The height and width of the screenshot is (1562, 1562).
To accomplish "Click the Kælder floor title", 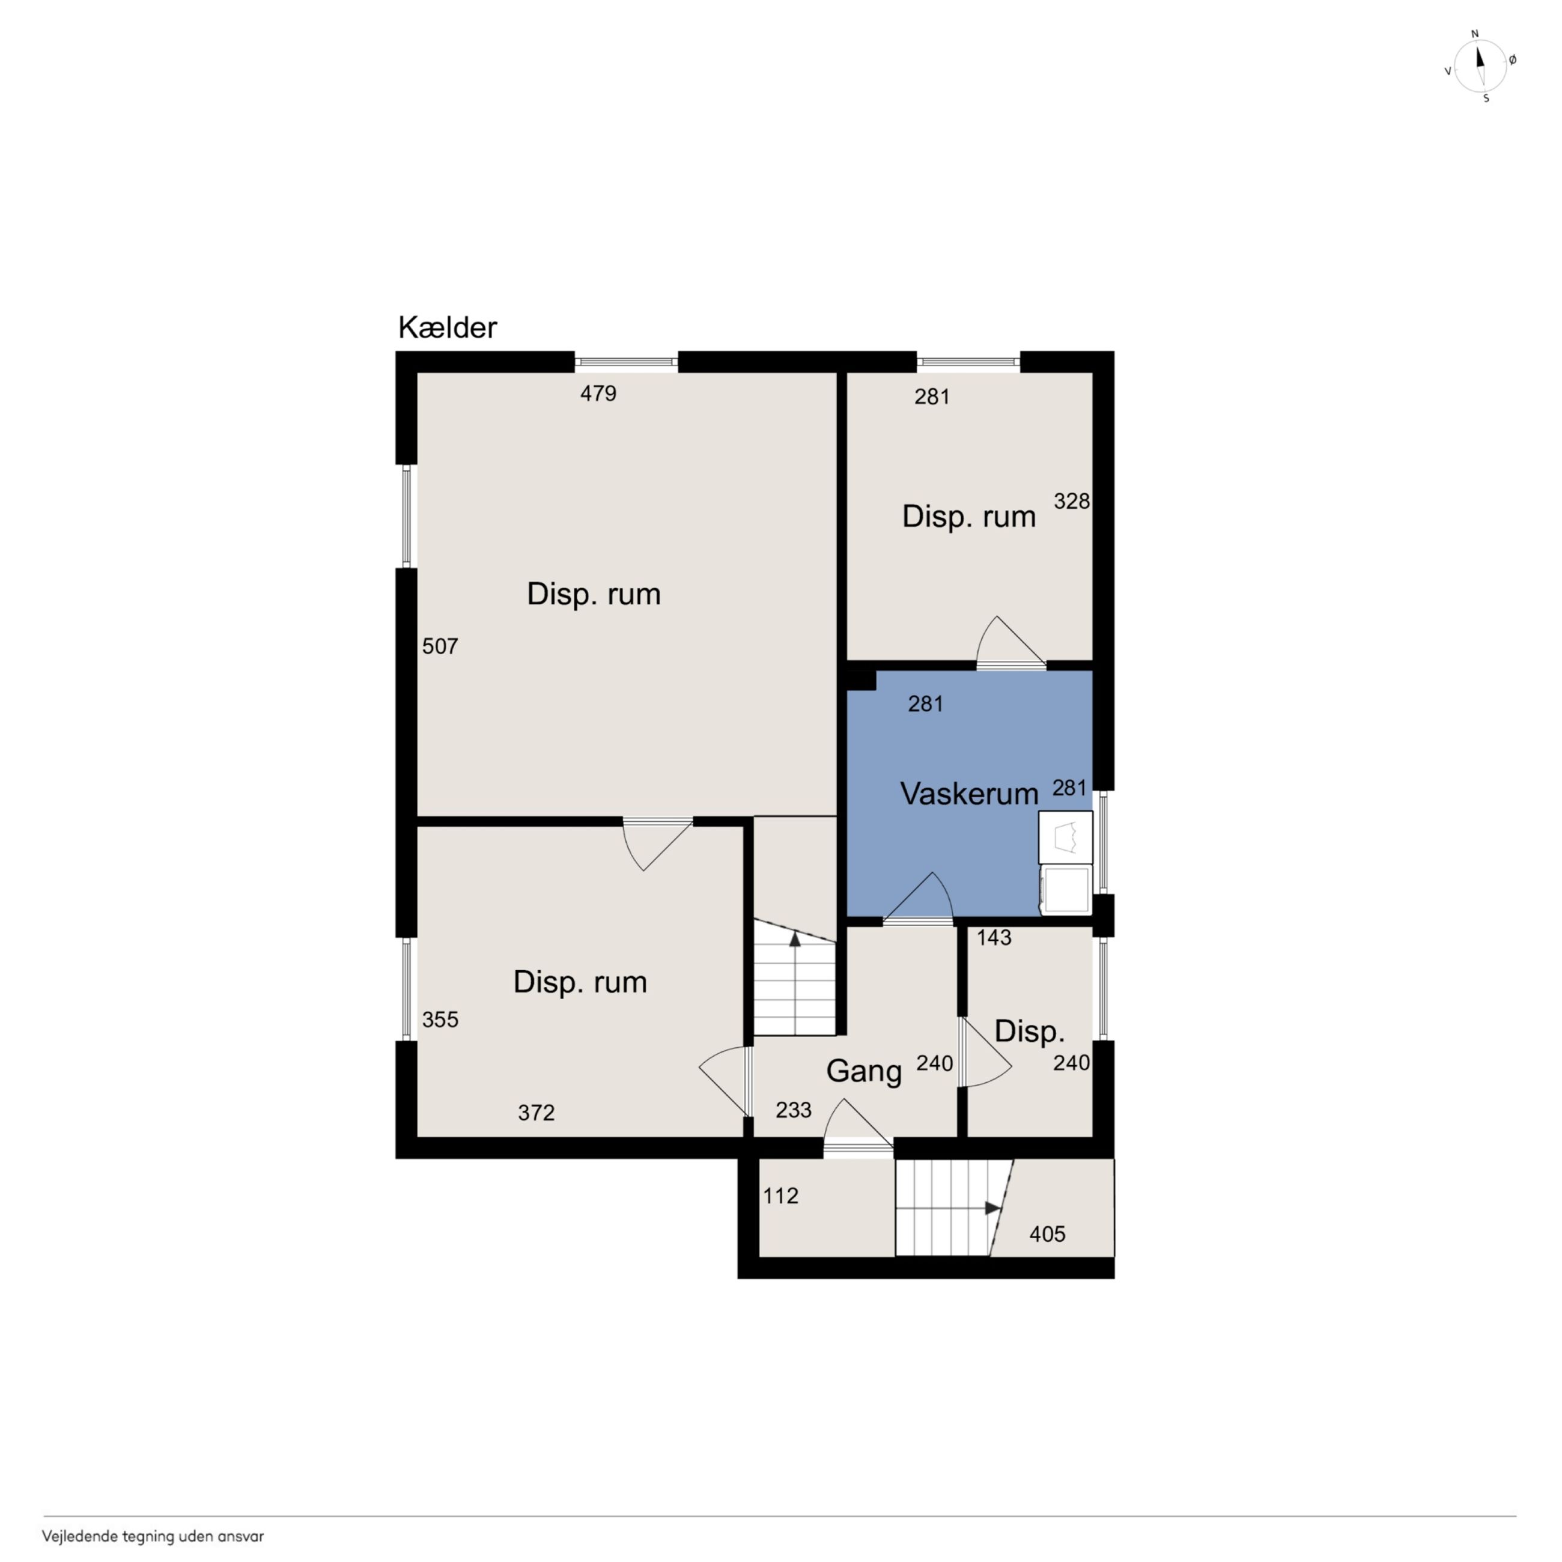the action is [x=447, y=327].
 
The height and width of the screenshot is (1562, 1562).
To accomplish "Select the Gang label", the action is [x=863, y=1072].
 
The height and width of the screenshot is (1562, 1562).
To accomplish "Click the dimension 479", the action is [x=598, y=394].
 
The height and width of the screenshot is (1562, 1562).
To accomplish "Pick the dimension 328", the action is [x=1071, y=501].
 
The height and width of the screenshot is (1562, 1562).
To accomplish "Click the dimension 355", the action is [x=440, y=1020].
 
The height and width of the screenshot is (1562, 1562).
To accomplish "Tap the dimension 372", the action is [x=536, y=1113].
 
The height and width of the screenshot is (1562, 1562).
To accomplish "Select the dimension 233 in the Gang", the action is [x=793, y=1110].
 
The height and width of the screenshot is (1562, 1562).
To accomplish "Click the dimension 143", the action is [x=994, y=937].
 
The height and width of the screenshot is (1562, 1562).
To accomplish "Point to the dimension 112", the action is [x=780, y=1196].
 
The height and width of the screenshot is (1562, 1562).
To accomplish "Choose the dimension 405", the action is [x=1047, y=1234].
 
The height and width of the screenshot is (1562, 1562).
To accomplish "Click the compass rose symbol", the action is [x=1480, y=66].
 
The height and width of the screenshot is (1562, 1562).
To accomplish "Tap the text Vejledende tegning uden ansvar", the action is [x=153, y=1536].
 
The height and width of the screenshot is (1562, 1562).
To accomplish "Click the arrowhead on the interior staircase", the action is [x=795, y=938].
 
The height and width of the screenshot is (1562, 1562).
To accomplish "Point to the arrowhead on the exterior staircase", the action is [x=994, y=1208].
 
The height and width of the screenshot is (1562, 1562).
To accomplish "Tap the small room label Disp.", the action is [x=1029, y=1032].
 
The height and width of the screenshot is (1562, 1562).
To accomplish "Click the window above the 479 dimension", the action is [x=626, y=362].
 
